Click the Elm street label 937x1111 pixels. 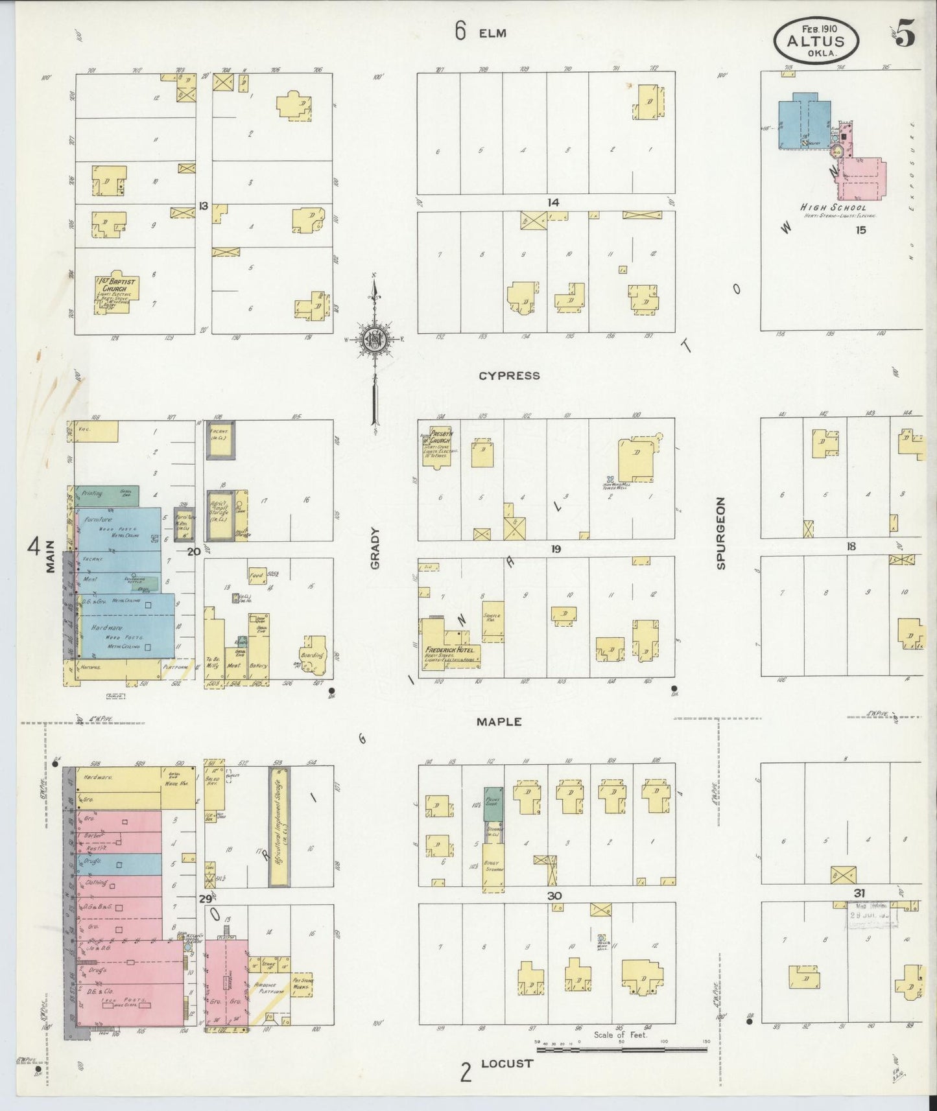point(492,33)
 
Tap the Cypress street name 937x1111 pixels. point(509,375)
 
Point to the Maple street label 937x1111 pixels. point(499,721)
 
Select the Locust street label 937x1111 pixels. point(506,1064)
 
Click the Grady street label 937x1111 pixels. point(375,548)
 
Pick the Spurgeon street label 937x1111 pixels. point(720,533)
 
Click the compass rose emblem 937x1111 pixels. point(374,340)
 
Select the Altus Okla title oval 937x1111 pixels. point(816,41)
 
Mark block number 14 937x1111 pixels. point(552,203)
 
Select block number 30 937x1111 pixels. point(554,896)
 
